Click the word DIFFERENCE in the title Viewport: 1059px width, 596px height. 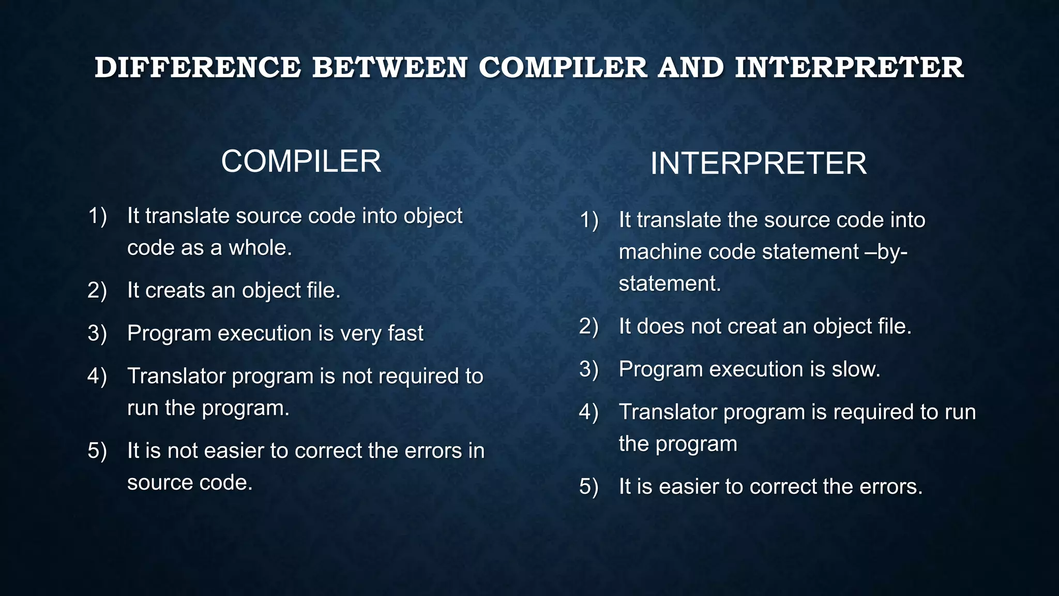198,68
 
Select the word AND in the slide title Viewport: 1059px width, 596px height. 690,68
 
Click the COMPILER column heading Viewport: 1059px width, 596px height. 301,161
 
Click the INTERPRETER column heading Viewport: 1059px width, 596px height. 758,163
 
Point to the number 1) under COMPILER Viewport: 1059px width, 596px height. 97,216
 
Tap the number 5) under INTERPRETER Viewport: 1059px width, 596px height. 589,487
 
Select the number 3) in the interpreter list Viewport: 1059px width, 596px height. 589,369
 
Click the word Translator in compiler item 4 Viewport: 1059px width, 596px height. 176,376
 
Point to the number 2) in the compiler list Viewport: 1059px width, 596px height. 97,291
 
